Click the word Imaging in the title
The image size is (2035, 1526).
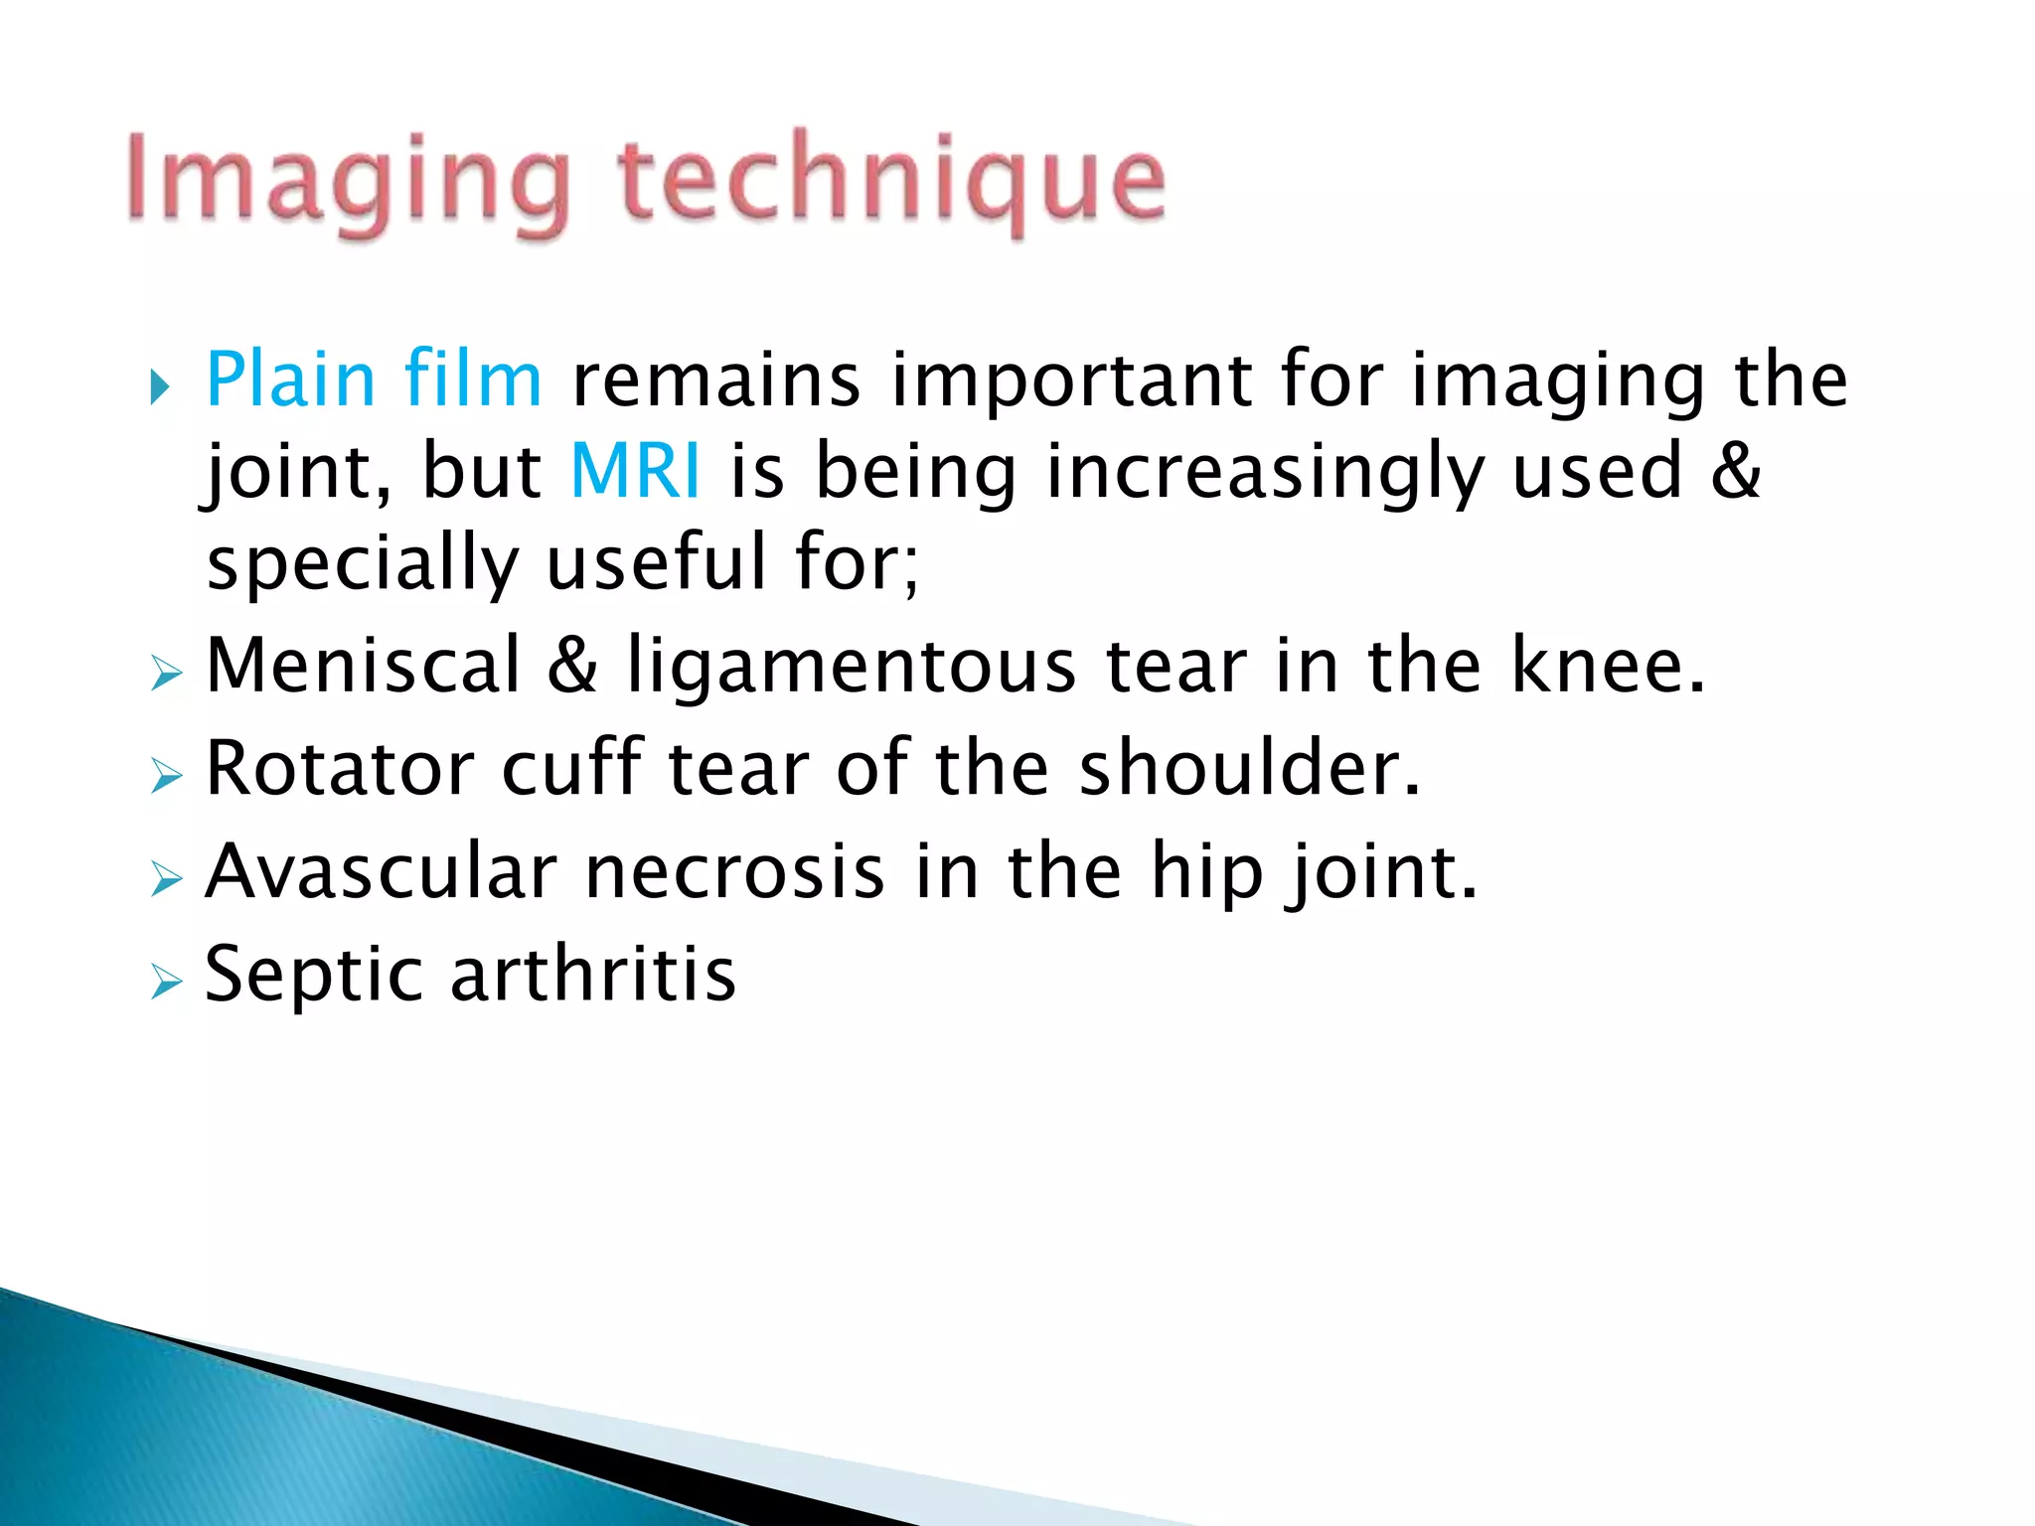click(348, 184)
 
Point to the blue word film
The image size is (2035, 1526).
click(473, 380)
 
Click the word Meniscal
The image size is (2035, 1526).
click(364, 665)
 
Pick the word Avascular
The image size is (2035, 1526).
click(382, 871)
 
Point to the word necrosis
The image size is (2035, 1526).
click(735, 871)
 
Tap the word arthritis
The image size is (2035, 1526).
click(593, 974)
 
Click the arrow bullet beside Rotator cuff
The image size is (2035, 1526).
click(166, 776)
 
